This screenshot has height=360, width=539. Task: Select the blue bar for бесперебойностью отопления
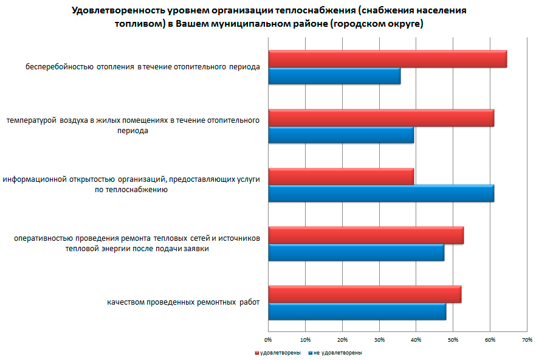pos(334,76)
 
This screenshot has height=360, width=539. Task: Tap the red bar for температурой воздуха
pos(381,118)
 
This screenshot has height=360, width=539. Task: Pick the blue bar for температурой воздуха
pos(341,135)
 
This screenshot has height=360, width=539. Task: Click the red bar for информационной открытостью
pos(341,176)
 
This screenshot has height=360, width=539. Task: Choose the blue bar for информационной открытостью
pos(381,193)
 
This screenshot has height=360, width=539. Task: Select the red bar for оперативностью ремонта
pos(366,235)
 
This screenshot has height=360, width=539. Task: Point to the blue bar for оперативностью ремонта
pos(356,252)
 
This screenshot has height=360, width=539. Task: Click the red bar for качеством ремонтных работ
pos(365,294)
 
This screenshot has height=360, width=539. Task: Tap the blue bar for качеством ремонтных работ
pos(357,311)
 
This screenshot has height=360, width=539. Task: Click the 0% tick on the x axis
pos(268,339)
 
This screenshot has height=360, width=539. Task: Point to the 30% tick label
pos(379,339)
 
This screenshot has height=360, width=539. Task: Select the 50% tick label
pos(453,339)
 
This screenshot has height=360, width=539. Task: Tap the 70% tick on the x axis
pos(527,339)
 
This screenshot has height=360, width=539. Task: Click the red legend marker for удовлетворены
pos(257,353)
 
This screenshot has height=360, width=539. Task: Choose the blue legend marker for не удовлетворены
pos(311,353)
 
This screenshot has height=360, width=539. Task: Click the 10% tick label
pos(305,339)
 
